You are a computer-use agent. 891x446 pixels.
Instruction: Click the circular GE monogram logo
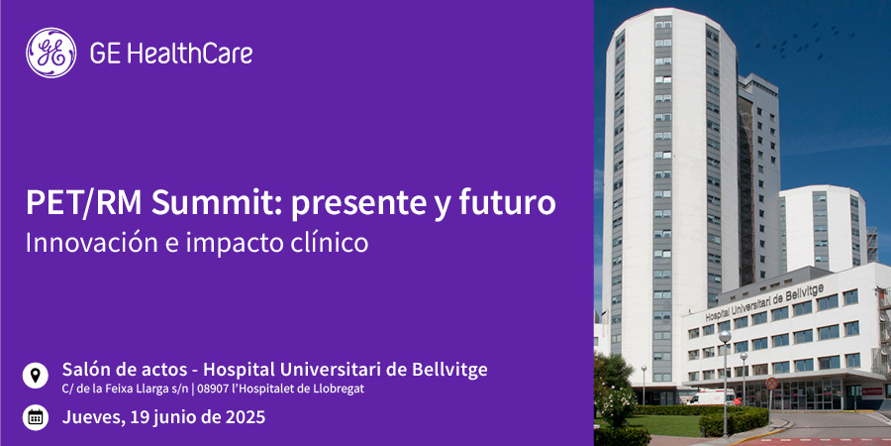[51, 53]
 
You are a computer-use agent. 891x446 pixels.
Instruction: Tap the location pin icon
[36, 376]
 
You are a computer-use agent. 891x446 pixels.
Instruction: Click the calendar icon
[36, 417]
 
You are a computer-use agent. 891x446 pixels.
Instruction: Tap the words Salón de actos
[125, 370]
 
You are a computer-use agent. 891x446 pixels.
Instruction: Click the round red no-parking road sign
[771, 383]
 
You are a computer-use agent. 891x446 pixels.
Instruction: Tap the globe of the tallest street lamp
[725, 337]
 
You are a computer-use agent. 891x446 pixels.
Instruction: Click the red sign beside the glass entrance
[871, 391]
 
